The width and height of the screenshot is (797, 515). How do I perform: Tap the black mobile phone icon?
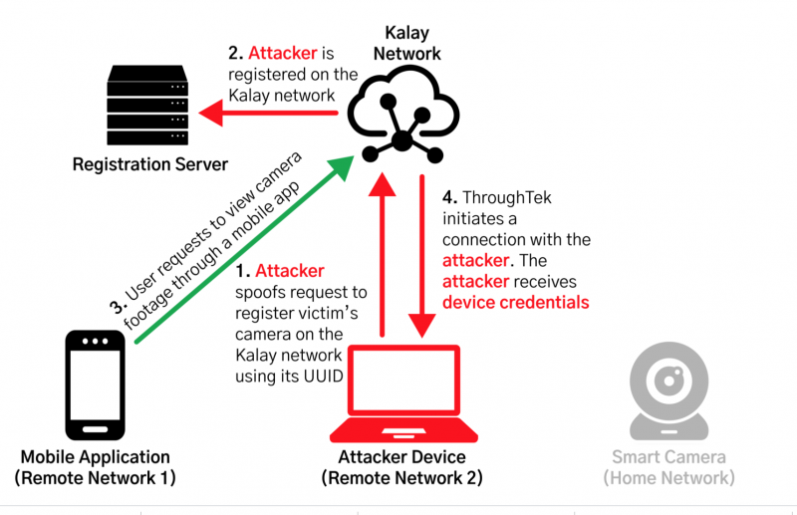point(96,384)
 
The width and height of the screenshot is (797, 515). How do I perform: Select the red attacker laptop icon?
point(404,392)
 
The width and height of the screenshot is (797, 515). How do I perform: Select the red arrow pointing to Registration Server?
point(269,112)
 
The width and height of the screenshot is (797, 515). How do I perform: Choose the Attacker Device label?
point(403,457)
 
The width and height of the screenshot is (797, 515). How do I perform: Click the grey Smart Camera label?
point(668,457)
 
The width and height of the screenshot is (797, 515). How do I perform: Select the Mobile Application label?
point(96,457)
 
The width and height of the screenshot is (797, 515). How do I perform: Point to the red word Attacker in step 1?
point(289,271)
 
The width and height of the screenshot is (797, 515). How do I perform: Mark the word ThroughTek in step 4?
point(511,198)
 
